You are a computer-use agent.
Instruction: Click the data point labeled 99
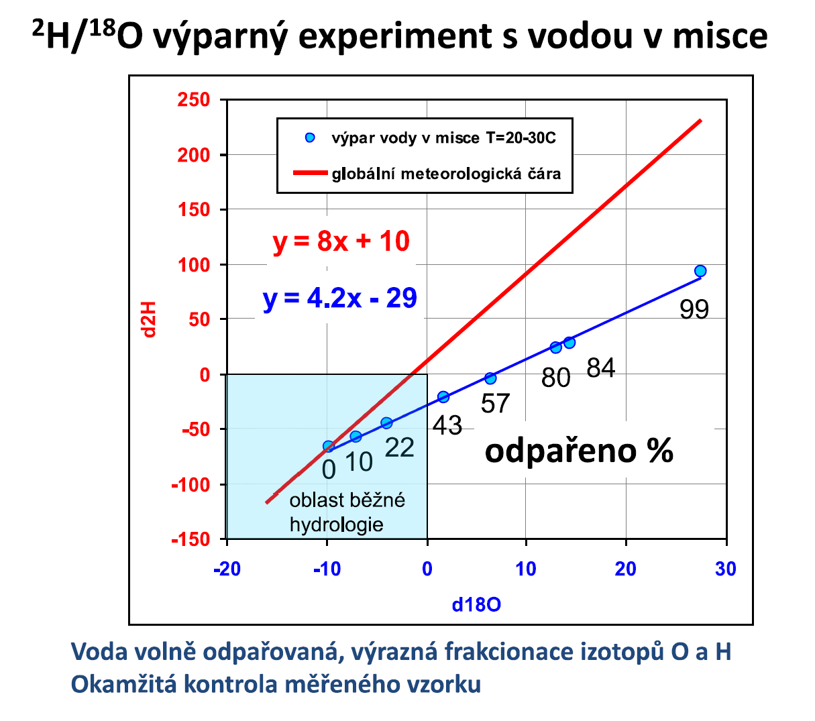(x=700, y=271)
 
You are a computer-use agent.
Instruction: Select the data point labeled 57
(x=490, y=378)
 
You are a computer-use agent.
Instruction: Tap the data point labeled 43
(x=443, y=397)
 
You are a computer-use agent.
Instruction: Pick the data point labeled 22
(x=386, y=423)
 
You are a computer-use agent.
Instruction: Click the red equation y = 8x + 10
(x=341, y=241)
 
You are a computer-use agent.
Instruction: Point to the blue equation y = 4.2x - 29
(x=340, y=298)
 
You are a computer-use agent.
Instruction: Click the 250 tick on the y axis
(x=194, y=100)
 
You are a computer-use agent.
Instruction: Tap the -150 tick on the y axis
(x=191, y=539)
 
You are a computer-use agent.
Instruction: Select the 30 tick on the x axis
(x=726, y=569)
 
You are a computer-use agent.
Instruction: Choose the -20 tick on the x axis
(x=227, y=569)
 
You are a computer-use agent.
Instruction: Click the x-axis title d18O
(x=476, y=605)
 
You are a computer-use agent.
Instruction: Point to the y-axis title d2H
(x=149, y=319)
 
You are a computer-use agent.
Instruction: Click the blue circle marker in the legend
(x=310, y=138)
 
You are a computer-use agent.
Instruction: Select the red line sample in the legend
(x=311, y=174)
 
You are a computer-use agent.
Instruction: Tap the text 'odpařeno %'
(x=579, y=451)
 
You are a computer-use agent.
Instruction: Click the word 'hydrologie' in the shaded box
(x=336, y=524)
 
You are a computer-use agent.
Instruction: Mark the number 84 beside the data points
(x=600, y=368)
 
